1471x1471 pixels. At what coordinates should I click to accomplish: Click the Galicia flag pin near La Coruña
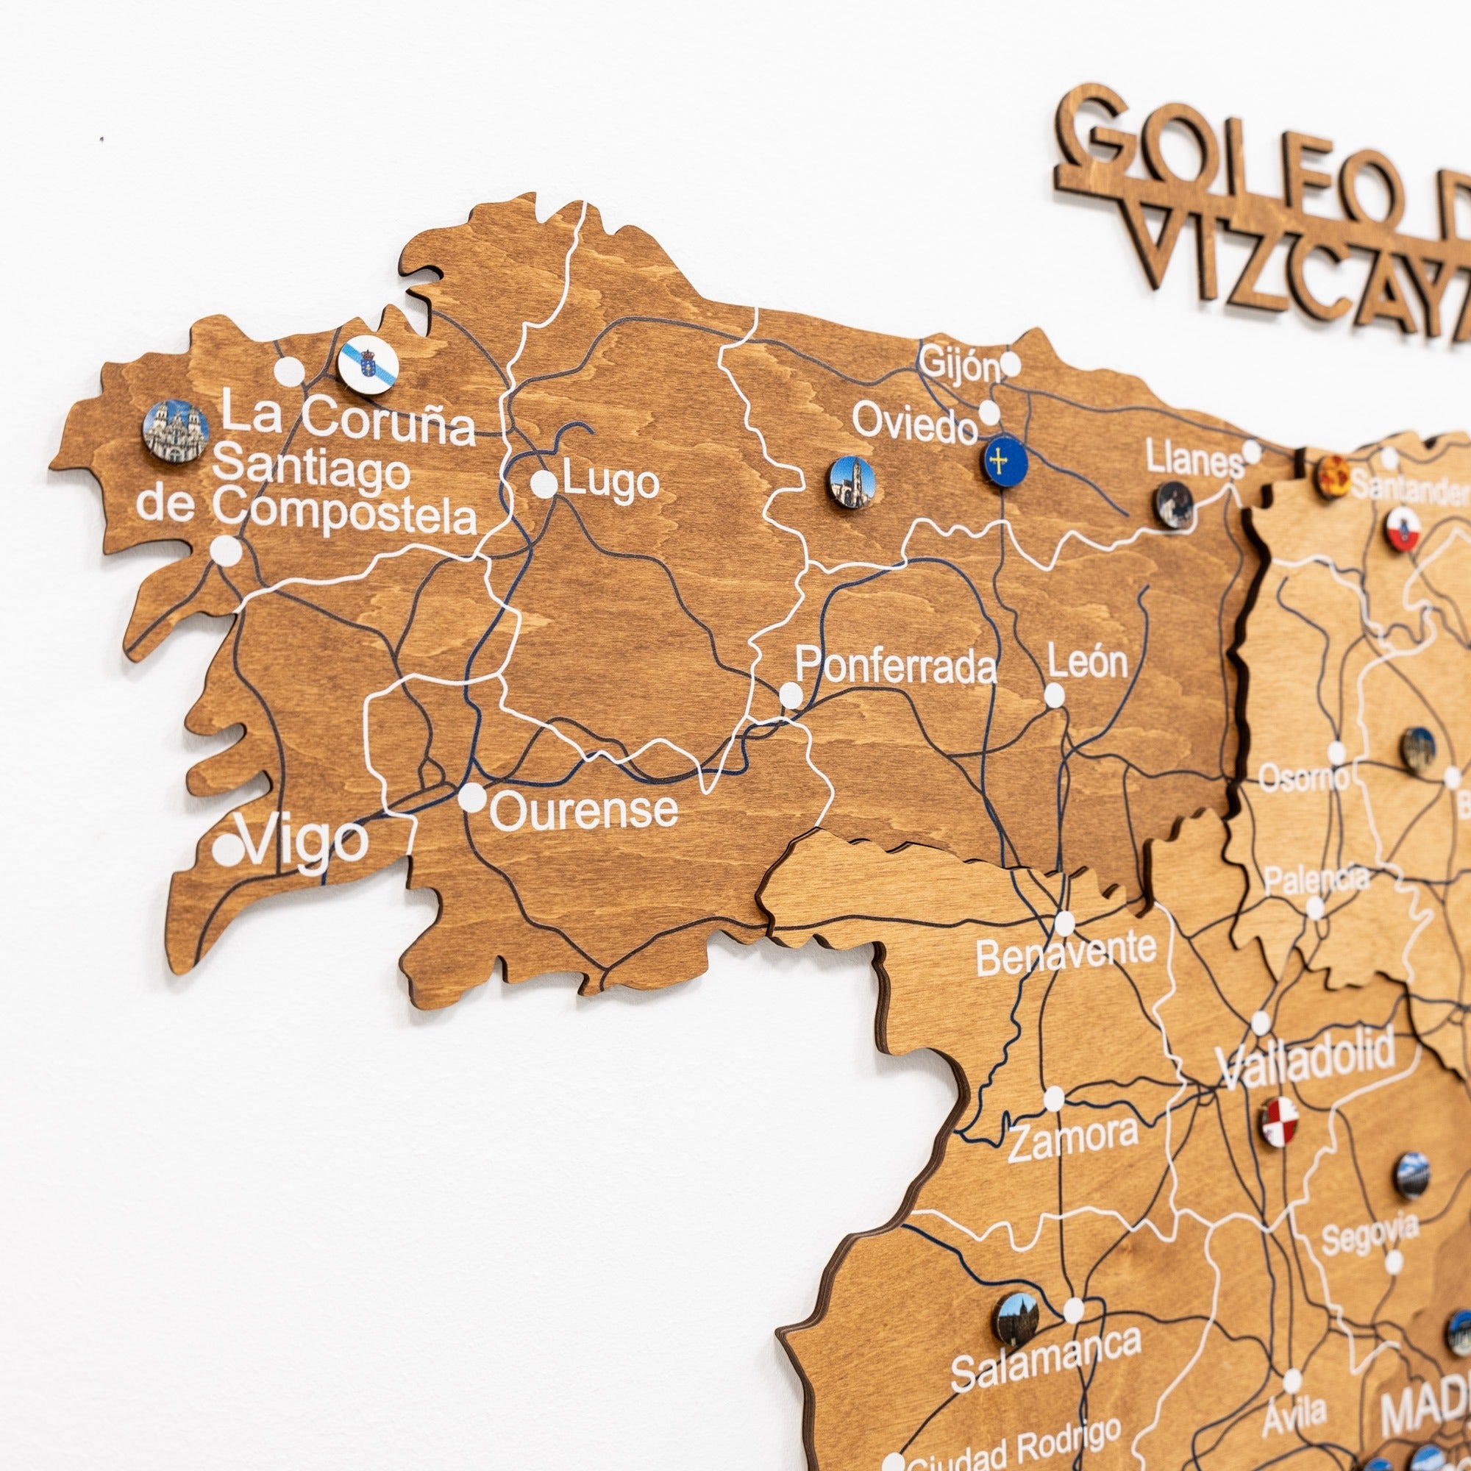(x=368, y=366)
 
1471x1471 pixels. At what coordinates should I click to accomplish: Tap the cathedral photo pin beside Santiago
(x=176, y=431)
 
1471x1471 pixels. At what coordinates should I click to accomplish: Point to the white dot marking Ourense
(x=472, y=797)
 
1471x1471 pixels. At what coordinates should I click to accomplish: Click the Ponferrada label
(x=895, y=666)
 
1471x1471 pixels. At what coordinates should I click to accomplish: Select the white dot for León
(x=1054, y=695)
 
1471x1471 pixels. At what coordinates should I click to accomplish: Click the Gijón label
(x=959, y=364)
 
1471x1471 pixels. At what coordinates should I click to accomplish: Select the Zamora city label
(x=1074, y=1139)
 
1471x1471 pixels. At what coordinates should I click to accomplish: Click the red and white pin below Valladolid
(x=1279, y=1122)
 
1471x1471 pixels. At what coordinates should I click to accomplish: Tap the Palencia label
(x=1316, y=880)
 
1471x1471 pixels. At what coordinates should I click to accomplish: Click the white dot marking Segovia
(x=1393, y=1261)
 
